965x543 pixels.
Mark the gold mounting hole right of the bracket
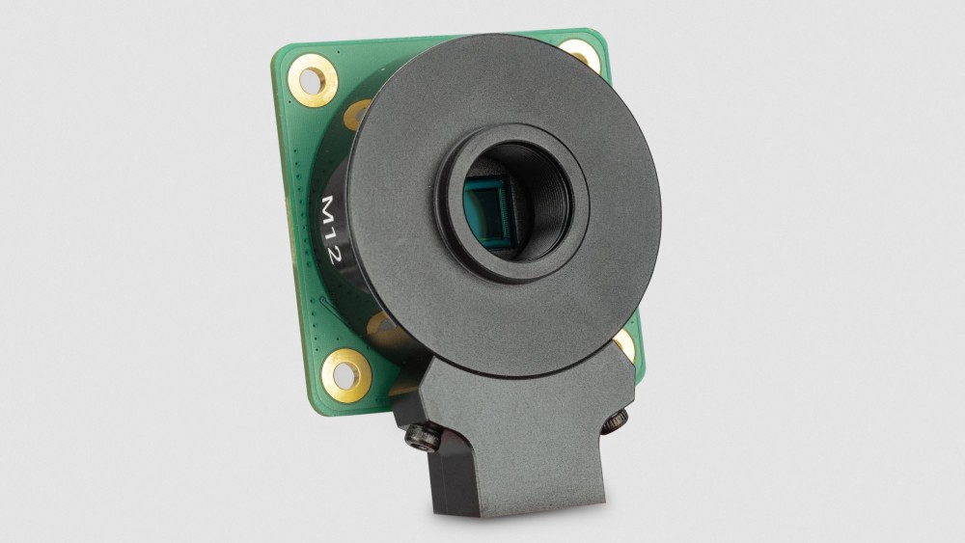(x=624, y=344)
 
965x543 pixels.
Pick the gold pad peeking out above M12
(x=358, y=114)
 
